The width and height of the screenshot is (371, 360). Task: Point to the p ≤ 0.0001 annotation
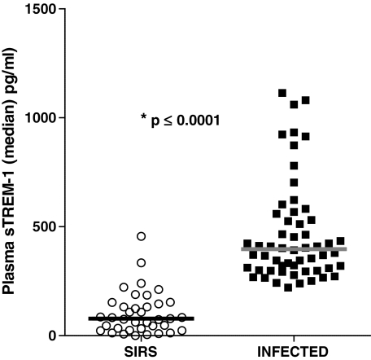tap(181, 121)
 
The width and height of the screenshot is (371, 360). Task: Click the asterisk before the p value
tap(143, 120)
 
